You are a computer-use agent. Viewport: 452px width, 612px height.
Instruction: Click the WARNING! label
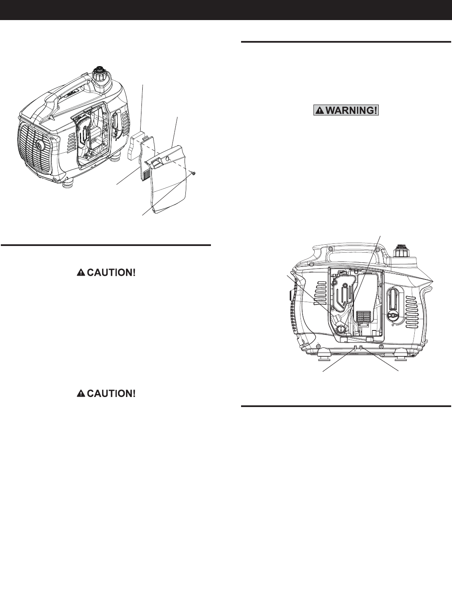click(x=347, y=110)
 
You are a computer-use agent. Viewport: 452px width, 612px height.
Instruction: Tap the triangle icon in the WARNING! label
click(x=320, y=110)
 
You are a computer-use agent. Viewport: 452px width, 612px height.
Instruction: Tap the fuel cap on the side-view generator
click(x=401, y=252)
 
